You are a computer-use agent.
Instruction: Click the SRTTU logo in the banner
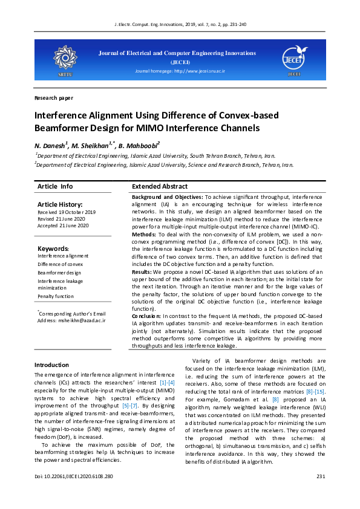(64, 59)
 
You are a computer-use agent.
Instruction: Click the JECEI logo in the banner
(294, 58)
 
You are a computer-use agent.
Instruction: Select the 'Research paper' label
(54, 97)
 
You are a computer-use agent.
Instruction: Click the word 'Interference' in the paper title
(62, 115)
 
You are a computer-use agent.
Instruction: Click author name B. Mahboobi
(140, 146)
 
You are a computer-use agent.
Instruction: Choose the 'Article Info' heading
(55, 187)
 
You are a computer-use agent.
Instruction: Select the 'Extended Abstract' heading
(160, 187)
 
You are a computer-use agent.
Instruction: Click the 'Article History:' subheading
(60, 205)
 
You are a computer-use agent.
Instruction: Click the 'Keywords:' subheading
(53, 248)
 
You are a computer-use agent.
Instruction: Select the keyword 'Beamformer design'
(59, 273)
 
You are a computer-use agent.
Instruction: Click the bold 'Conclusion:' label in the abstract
(146, 316)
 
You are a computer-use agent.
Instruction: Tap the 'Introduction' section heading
(51, 365)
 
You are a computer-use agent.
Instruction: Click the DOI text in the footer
(74, 477)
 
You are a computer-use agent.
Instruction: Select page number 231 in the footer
(321, 477)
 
